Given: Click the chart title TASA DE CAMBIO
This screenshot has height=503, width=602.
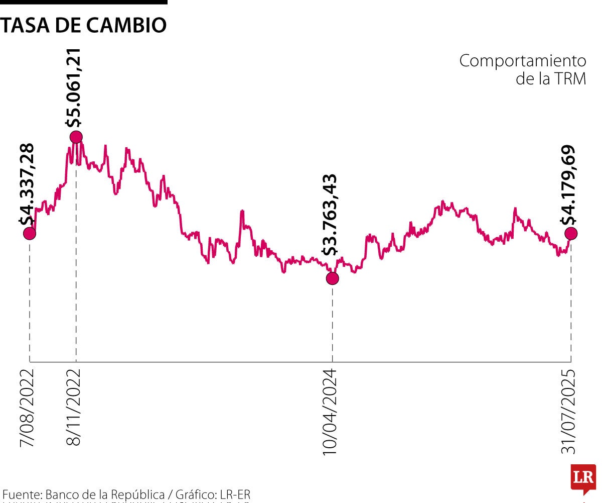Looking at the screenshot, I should click(x=83, y=25).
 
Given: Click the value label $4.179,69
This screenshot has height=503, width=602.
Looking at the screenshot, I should click(x=569, y=185).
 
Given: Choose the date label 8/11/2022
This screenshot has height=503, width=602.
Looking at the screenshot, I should click(x=74, y=408).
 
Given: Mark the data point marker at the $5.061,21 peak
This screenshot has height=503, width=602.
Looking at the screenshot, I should click(x=76, y=137).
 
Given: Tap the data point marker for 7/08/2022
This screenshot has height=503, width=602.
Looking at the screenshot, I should click(x=30, y=233).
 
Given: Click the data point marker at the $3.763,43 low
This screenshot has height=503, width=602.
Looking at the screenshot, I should click(x=332, y=278).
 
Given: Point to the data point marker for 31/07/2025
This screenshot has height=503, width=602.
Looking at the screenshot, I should click(x=571, y=233).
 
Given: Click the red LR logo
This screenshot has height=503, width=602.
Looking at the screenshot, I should click(x=583, y=478).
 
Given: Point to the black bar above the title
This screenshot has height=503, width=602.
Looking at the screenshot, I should click(x=83, y=2).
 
